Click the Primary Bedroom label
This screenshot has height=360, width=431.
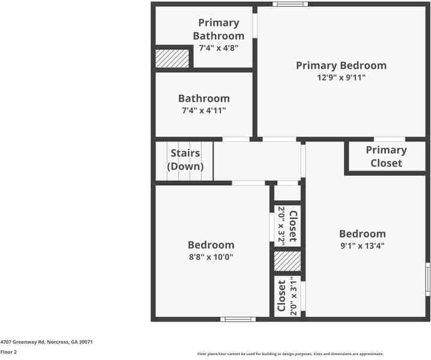pyautogui.click(x=341, y=65)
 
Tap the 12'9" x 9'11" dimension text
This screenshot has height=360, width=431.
pyautogui.click(x=341, y=77)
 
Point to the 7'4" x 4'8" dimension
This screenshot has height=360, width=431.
pyautogui.click(x=219, y=47)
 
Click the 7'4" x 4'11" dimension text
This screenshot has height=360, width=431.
pyautogui.click(x=203, y=110)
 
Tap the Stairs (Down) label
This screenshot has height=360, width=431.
pyautogui.click(x=185, y=160)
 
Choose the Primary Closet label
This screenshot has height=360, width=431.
pyautogui.click(x=386, y=156)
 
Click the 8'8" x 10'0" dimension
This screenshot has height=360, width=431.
pyautogui.click(x=211, y=257)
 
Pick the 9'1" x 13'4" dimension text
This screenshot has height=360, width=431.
pyautogui.click(x=362, y=245)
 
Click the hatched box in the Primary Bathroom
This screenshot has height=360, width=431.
pyautogui.click(x=172, y=58)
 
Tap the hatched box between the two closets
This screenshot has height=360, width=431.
pyautogui.click(x=287, y=261)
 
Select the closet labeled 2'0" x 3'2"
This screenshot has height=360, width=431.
pyautogui.click(x=287, y=226)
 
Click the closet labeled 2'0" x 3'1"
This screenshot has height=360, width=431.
pyautogui.click(x=287, y=296)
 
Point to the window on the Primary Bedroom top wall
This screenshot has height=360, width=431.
pyautogui.click(x=290, y=4)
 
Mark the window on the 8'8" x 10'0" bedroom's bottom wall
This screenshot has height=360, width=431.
pyautogui.click(x=238, y=319)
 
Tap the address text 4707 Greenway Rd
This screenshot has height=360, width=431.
pyautogui.click(x=46, y=341)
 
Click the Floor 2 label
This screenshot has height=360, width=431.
pyautogui.click(x=8, y=352)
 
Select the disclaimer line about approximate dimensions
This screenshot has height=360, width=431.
pyautogui.click(x=290, y=354)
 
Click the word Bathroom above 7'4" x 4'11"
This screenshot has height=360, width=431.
pyautogui.click(x=203, y=98)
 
